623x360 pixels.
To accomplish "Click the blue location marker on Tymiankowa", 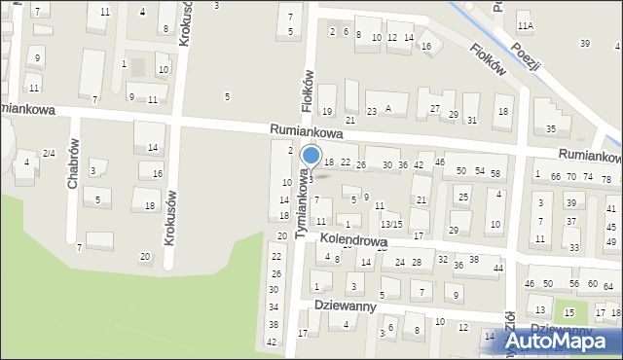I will click(311, 156).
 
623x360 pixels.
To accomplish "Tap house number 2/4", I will click(49, 154).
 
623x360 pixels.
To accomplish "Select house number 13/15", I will click(390, 225).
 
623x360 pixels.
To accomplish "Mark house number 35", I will click(551, 128).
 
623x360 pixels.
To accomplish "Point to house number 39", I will click(585, 43).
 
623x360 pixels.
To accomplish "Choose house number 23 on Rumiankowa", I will click(372, 111).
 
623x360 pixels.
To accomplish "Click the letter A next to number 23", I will click(388, 109).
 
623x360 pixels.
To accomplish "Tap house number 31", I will click(472, 120).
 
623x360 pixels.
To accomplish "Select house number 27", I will click(435, 108).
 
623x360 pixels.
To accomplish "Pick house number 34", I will click(274, 306).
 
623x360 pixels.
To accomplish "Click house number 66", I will click(556, 176).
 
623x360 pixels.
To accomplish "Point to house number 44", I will click(498, 268).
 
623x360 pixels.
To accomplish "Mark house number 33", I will click(574, 247).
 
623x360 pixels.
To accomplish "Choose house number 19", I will click(327, 112).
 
